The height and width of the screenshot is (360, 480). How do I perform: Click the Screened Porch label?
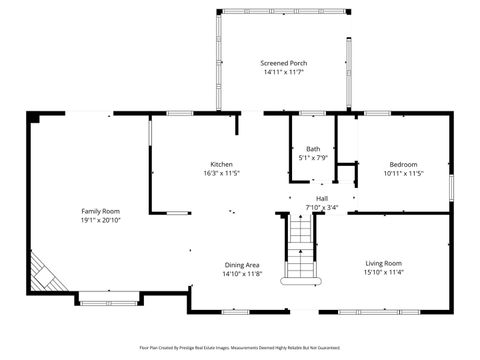(x=284, y=63)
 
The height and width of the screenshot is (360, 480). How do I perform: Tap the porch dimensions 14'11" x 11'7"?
(x=284, y=73)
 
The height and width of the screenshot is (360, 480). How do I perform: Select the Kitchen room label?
(x=221, y=164)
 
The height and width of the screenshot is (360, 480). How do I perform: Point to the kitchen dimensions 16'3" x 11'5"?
(x=221, y=174)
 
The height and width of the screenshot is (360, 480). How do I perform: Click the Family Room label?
(x=100, y=211)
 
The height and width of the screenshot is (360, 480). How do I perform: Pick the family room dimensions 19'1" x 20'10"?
(x=100, y=221)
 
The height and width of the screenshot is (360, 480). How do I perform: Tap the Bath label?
(x=313, y=148)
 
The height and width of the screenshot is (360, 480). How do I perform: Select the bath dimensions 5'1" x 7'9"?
(x=313, y=158)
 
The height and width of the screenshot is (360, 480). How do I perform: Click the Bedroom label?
(x=403, y=164)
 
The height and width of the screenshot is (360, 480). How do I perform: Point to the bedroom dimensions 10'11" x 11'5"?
(x=403, y=174)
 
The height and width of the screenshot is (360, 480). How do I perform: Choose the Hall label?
(x=322, y=198)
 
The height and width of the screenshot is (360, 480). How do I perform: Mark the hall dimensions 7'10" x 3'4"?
(x=322, y=208)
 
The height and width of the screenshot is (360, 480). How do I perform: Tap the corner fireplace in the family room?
(x=43, y=271)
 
